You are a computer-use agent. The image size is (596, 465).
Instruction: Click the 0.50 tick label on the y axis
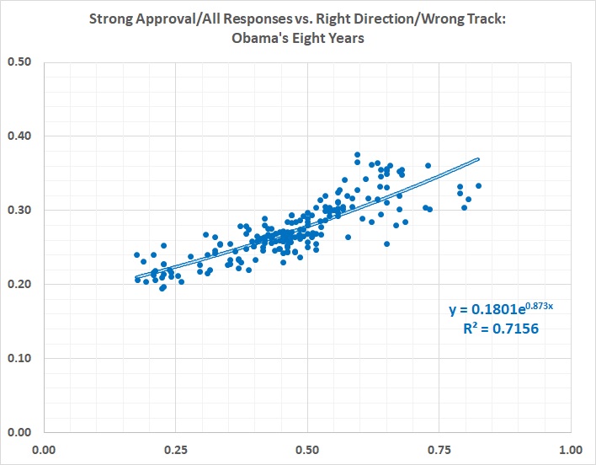[x=19, y=61]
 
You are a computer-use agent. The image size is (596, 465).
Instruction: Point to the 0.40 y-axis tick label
[x=19, y=136]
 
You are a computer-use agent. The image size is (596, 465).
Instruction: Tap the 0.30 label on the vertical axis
[x=19, y=210]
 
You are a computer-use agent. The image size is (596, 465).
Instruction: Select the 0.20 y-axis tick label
[x=19, y=284]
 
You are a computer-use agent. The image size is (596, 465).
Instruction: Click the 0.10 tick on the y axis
[x=19, y=358]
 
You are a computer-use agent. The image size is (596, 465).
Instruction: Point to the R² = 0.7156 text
[x=501, y=329]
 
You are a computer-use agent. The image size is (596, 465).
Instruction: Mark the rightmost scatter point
[x=478, y=185]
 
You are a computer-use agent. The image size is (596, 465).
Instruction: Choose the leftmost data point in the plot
[x=136, y=254]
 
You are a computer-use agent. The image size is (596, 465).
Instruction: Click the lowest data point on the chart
[x=162, y=288]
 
